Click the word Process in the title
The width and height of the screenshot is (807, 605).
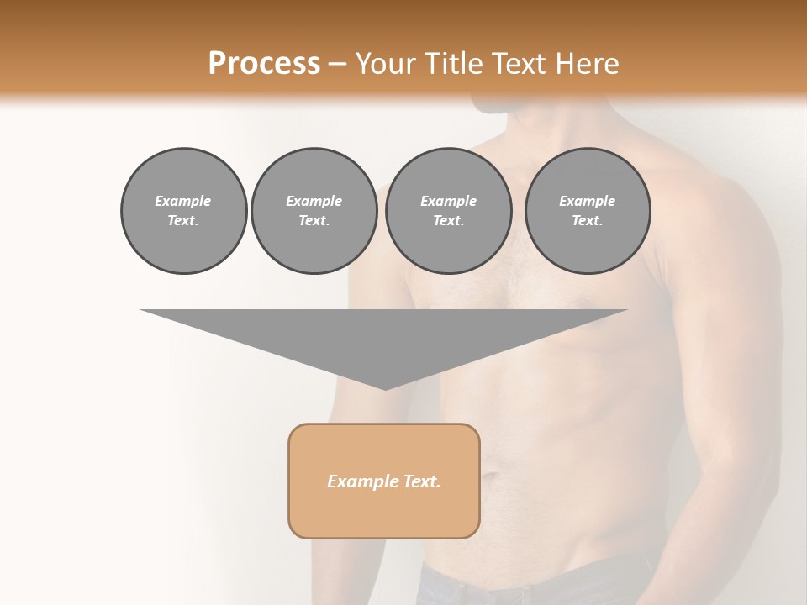(264, 64)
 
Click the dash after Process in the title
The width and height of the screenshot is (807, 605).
(338, 65)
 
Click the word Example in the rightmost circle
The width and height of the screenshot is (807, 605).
(587, 201)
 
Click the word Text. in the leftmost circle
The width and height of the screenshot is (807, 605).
(183, 221)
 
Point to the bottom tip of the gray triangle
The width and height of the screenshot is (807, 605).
(385, 388)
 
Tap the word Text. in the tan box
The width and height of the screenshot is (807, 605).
(421, 481)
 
